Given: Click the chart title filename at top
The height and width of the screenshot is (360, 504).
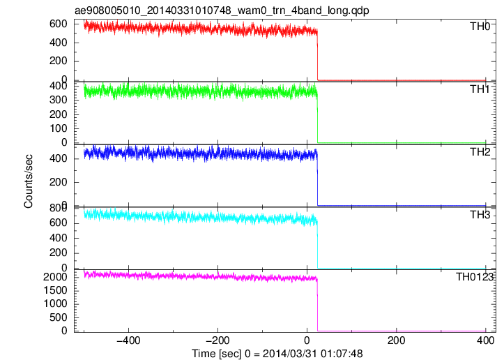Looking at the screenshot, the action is click(222, 10).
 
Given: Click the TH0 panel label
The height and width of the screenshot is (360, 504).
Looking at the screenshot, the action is click(480, 26).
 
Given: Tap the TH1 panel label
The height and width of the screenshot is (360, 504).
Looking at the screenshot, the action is click(480, 89).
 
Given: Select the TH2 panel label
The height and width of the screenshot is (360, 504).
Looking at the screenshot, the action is click(480, 151).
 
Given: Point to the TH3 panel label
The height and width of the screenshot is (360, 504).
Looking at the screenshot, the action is click(480, 214).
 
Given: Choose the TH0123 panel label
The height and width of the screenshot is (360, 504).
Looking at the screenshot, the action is click(475, 277).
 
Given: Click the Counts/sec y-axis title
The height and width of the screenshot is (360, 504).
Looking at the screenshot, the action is click(29, 181).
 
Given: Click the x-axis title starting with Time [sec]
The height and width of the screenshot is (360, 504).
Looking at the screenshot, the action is click(277, 354).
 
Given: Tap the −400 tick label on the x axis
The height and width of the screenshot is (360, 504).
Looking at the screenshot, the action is click(128, 340).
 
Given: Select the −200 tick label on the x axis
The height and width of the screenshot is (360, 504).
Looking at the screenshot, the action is click(218, 340).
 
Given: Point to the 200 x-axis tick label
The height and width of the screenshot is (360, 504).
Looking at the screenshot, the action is click(397, 340).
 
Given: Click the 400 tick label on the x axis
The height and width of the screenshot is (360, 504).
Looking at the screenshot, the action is click(485, 340).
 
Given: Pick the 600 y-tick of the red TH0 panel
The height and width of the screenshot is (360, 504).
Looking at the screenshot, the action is click(58, 24).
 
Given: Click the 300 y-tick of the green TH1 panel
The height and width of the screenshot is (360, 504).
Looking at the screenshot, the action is click(58, 100).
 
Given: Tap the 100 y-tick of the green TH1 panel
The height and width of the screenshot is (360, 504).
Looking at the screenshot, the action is click(58, 128).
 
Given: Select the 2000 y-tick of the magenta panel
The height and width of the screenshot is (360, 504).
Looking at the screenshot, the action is click(55, 277).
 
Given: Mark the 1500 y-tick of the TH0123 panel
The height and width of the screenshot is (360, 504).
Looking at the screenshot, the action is click(55, 290).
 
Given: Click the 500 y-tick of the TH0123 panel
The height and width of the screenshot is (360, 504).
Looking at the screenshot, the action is click(58, 317).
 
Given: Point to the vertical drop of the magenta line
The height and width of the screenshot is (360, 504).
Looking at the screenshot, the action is click(318, 305).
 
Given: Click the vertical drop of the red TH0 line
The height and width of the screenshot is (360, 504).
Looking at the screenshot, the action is click(318, 55).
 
